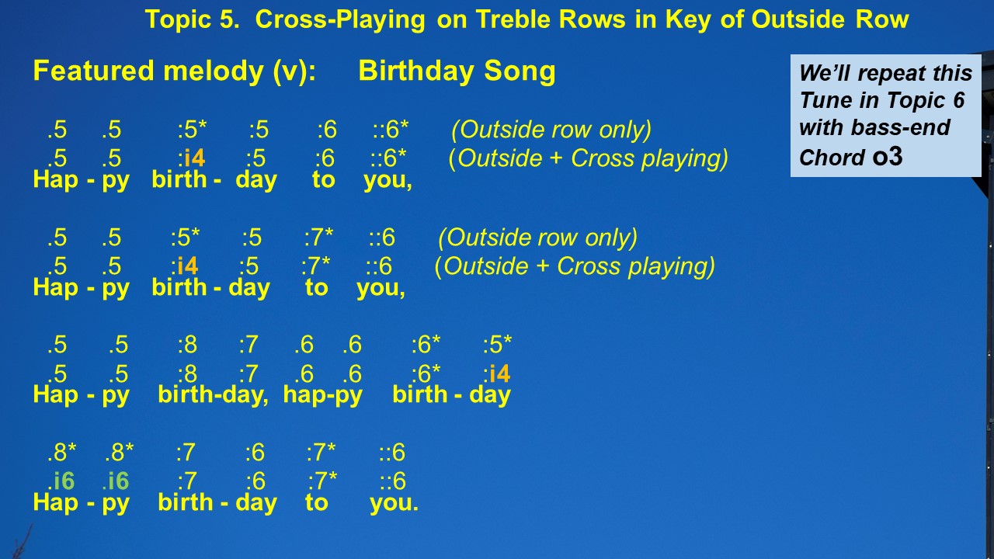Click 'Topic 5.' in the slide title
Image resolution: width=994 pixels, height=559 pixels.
click(192, 19)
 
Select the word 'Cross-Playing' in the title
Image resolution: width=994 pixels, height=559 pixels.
click(340, 20)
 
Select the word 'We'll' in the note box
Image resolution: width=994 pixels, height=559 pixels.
click(825, 73)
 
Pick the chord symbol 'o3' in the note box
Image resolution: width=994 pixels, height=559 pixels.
click(888, 156)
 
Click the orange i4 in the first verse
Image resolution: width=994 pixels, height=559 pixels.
click(194, 158)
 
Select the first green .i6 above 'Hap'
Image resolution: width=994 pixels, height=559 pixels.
click(61, 481)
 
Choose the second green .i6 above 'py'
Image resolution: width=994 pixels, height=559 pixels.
click(116, 481)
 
